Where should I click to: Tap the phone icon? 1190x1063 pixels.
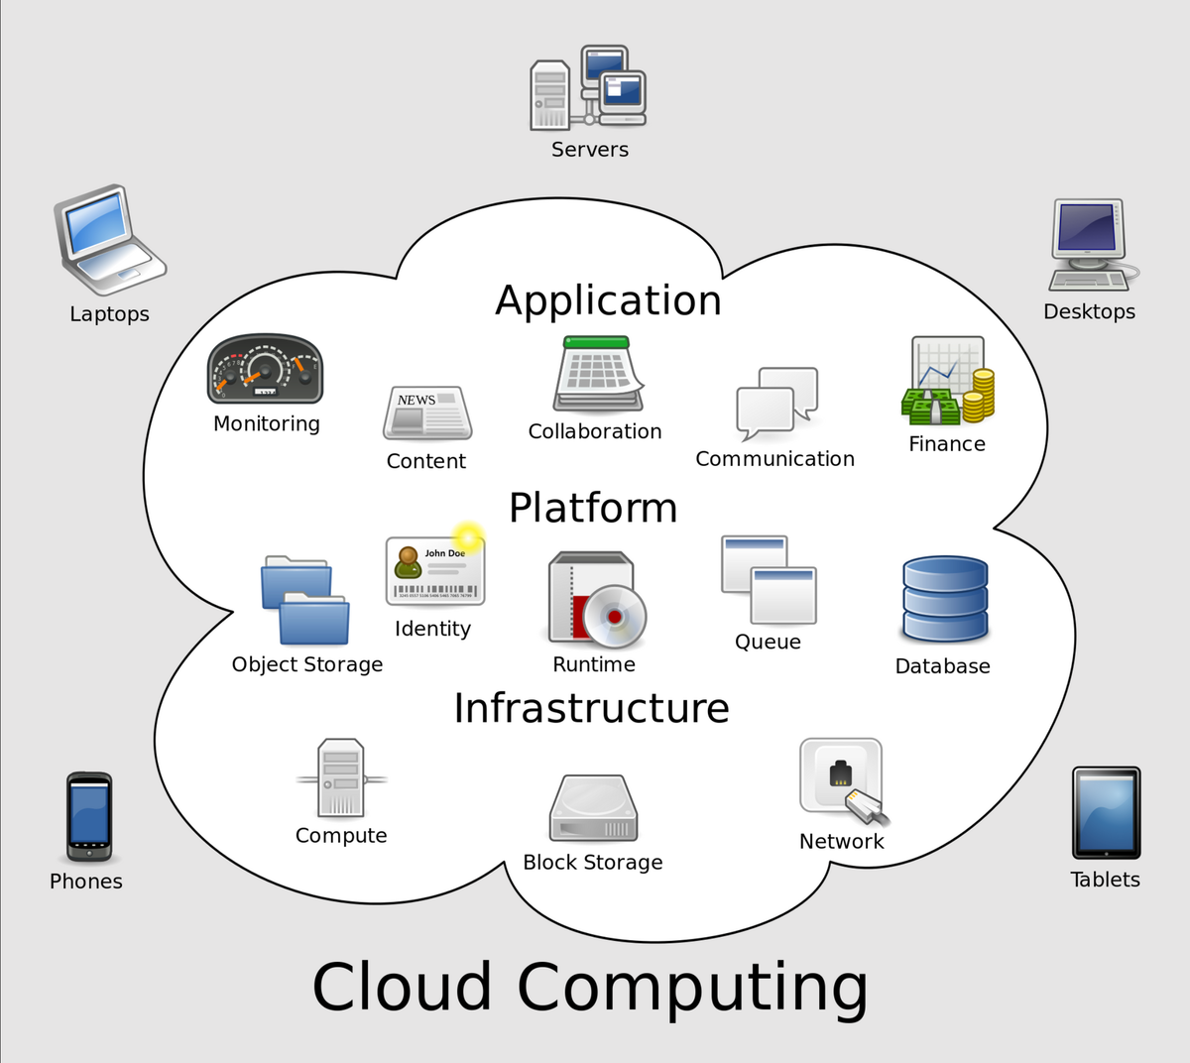(x=88, y=816)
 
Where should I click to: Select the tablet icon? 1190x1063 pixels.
(x=1106, y=813)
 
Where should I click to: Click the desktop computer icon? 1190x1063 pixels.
(x=1090, y=244)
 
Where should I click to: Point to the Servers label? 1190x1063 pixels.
(x=590, y=150)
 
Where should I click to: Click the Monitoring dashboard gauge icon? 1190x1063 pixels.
(x=265, y=370)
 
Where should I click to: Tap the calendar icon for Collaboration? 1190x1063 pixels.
(x=597, y=374)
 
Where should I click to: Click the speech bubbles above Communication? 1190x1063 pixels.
(x=776, y=403)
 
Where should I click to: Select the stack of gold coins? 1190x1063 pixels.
(x=979, y=394)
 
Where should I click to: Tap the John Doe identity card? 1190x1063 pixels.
(x=434, y=571)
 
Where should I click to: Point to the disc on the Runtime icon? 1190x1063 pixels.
(x=614, y=617)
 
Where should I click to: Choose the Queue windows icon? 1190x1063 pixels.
(x=769, y=580)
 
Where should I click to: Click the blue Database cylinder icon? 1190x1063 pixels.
(x=945, y=599)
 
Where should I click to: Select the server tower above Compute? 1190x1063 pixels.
(x=340, y=778)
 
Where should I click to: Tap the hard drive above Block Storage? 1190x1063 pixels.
(x=593, y=808)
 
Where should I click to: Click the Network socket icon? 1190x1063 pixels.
(x=842, y=778)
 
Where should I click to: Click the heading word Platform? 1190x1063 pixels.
(x=593, y=508)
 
